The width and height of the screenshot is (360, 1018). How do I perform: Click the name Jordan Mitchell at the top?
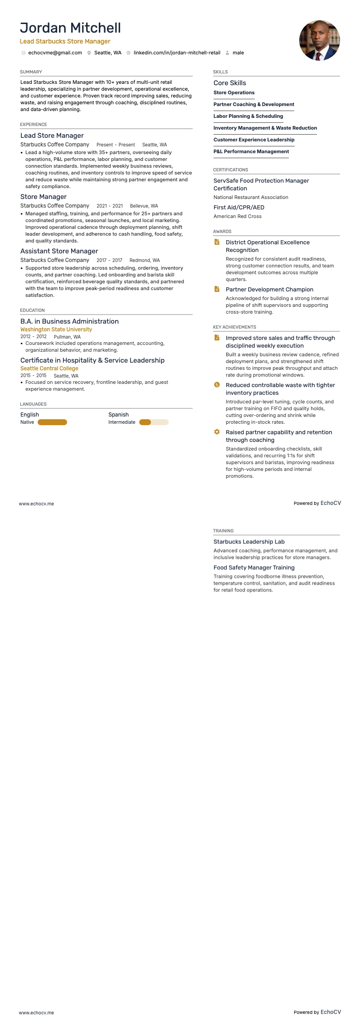(x=70, y=28)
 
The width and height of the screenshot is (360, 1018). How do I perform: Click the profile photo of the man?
(x=319, y=40)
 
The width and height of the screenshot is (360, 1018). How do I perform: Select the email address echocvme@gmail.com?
(x=55, y=53)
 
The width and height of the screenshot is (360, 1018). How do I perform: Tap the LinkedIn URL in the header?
(x=177, y=53)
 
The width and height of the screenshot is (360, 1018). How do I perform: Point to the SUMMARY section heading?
(x=31, y=72)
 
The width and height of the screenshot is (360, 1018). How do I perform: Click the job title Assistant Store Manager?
(x=59, y=251)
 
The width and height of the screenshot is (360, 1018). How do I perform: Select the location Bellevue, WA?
(x=144, y=206)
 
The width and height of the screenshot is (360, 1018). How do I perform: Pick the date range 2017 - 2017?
(x=109, y=261)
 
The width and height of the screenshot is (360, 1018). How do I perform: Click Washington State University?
(x=56, y=330)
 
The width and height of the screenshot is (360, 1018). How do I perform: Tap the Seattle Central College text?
(x=49, y=368)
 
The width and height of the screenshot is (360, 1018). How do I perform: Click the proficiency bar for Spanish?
(x=154, y=422)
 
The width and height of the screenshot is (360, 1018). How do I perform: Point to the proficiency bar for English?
(x=52, y=422)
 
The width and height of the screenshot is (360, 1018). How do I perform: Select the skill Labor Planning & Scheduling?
(x=248, y=116)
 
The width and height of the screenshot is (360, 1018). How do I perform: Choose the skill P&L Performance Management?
(x=251, y=152)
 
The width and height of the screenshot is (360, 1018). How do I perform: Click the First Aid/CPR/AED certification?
(x=239, y=208)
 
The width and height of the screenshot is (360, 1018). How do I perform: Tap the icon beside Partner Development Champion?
(x=217, y=289)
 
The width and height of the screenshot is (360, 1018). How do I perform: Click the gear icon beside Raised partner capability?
(x=217, y=432)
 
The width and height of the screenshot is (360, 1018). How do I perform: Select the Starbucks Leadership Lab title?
(x=249, y=542)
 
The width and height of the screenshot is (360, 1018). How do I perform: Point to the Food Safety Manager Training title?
(x=254, y=567)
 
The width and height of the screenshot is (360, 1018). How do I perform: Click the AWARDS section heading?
(x=222, y=232)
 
